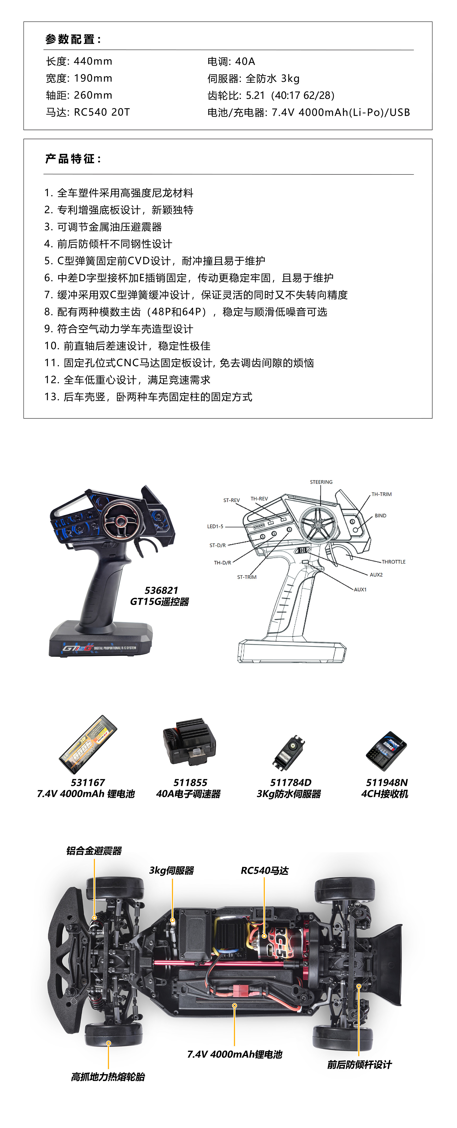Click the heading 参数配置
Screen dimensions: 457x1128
click(x=73, y=39)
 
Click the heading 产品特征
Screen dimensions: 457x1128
click(x=73, y=158)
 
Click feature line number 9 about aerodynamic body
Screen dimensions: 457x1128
click(x=119, y=329)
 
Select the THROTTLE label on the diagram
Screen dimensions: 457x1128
click(x=393, y=562)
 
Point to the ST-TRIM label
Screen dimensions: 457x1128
click(x=247, y=577)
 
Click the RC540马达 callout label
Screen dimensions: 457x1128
click(x=265, y=871)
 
